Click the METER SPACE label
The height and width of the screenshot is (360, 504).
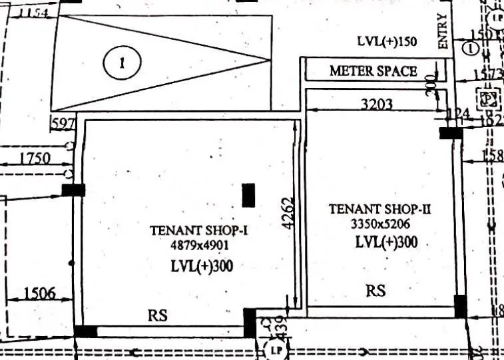pyautogui.click(x=374, y=71)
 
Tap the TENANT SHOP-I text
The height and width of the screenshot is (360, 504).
pyautogui.click(x=199, y=231)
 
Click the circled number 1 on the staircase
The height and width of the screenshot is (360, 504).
pyautogui.click(x=122, y=63)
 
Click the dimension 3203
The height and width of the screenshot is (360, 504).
pyautogui.click(x=377, y=104)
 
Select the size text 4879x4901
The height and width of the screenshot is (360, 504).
pyautogui.click(x=199, y=245)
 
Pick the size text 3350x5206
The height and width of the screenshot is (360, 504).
pyautogui.click(x=381, y=224)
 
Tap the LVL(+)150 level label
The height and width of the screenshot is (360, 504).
pyautogui.click(x=387, y=41)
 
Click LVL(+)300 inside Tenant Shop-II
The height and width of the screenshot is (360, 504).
pyautogui.click(x=386, y=242)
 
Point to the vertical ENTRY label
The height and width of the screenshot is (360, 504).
pyautogui.click(x=443, y=31)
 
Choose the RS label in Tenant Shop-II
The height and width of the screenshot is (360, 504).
pyautogui.click(x=376, y=291)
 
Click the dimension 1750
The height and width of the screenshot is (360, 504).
pyautogui.click(x=35, y=158)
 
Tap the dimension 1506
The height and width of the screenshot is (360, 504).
pyautogui.click(x=39, y=293)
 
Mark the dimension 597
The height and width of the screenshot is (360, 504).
pyautogui.click(x=63, y=124)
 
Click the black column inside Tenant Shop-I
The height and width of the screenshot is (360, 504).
pyautogui.click(x=249, y=195)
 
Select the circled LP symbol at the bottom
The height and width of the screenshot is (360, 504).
pyautogui.click(x=274, y=348)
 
